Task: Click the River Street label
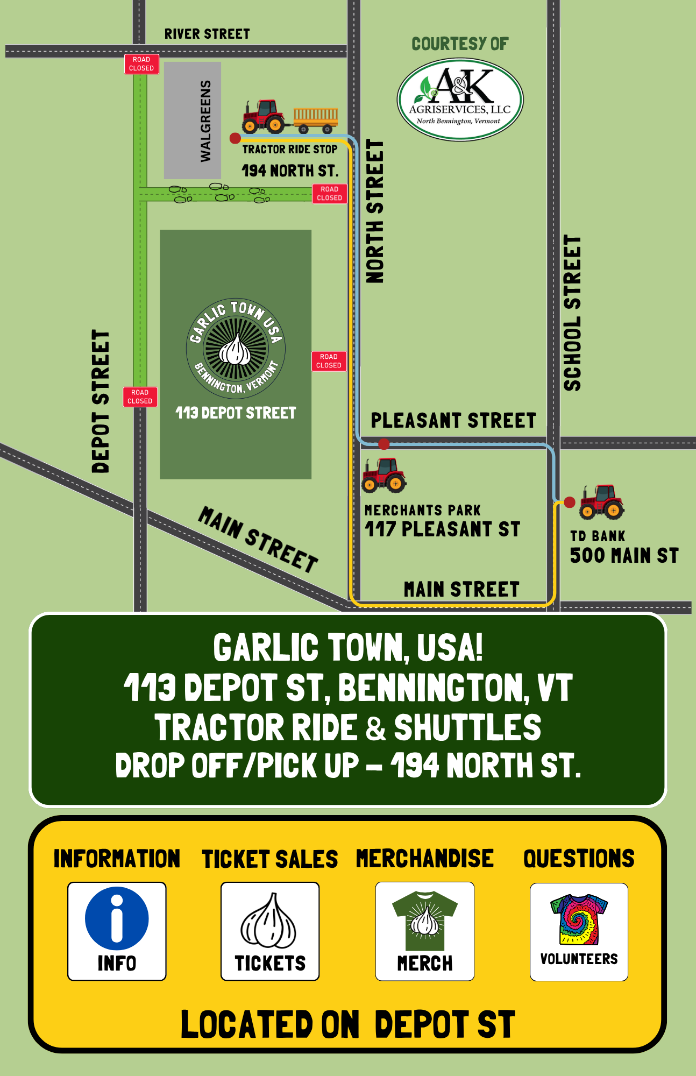207,34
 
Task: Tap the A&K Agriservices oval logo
460,100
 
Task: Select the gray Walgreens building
193,120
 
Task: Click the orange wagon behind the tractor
316,119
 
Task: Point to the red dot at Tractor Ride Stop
235,138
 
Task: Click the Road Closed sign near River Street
141,64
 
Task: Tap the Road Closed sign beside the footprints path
329,194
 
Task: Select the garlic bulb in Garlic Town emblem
236,350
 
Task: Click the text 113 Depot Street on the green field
236,413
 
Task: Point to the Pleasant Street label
453,420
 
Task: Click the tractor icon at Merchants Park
384,475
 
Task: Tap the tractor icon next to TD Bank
602,501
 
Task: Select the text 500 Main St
624,556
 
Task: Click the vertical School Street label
572,313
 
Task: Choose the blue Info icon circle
117,918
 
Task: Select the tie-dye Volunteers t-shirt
579,919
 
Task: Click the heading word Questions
579,859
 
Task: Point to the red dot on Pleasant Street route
383,444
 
